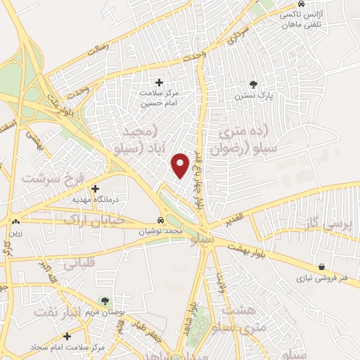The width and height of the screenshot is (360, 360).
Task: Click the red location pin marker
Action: (181, 165)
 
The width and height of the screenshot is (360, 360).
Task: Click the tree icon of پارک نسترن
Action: (253, 84)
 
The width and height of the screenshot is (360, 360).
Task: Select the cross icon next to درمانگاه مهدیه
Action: (96, 188)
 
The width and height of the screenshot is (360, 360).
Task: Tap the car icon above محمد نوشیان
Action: (161, 220)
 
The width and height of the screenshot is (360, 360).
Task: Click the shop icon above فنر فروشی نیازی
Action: (321, 267)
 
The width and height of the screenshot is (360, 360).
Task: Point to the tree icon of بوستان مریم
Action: (105, 302)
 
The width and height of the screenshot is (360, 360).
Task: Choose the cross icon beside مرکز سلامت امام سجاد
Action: (67, 336)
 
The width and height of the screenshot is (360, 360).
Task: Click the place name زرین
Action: (15, 232)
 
